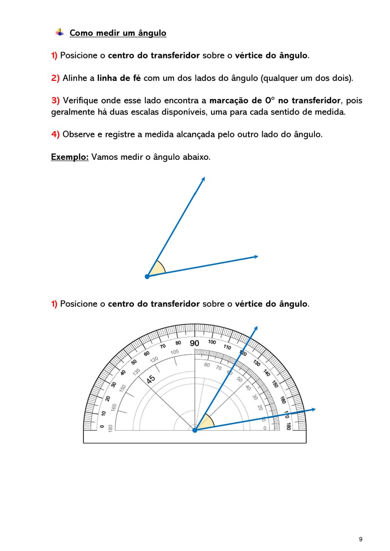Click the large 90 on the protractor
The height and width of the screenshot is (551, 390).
tap(195, 343)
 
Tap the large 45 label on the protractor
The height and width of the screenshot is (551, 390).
tap(151, 378)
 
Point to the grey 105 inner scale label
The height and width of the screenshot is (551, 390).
tap(175, 352)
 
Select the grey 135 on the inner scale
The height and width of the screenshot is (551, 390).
tap(136, 372)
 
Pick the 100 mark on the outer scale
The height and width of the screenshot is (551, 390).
tap(212, 342)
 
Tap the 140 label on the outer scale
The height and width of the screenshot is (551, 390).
tap(266, 374)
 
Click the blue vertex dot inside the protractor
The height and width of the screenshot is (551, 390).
tap(195, 430)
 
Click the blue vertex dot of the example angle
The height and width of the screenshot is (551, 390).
tap(147, 276)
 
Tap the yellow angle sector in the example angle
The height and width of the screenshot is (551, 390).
tap(157, 269)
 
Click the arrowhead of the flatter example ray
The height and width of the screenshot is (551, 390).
tap(255, 256)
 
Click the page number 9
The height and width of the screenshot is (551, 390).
tap(361, 539)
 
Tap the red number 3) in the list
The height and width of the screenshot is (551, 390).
tap(55, 100)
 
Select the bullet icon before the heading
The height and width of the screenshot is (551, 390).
tap(59, 33)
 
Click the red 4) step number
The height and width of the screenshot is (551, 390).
tap(55, 134)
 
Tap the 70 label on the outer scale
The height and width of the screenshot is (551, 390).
tap(163, 346)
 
